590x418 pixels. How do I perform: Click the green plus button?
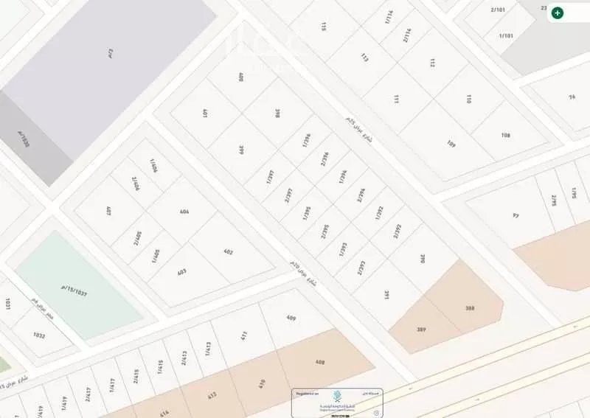click(x=558, y=13)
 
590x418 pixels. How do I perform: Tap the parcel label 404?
click(x=184, y=212)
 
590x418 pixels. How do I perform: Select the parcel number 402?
click(x=228, y=252)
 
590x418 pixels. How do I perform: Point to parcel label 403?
click(x=181, y=272)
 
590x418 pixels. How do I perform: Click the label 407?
click(x=108, y=211)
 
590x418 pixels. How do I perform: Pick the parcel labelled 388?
click(x=470, y=308)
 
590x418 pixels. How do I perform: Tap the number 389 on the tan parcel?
click(x=421, y=330)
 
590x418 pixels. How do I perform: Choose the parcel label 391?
click(x=386, y=294)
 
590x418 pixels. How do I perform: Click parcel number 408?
click(x=319, y=362)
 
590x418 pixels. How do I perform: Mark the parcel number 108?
click(x=505, y=135)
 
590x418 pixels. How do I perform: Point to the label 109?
click(x=451, y=144)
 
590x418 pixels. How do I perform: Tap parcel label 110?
click(x=468, y=98)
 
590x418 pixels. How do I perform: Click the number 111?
click(x=396, y=99)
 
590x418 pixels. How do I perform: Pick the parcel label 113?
click(x=364, y=57)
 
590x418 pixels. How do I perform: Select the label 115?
click(x=323, y=27)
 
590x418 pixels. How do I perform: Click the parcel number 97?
click(x=516, y=215)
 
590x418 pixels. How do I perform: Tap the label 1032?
click(x=39, y=335)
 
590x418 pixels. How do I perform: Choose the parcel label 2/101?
click(x=498, y=10)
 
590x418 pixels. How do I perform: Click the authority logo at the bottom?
click(x=337, y=398)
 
